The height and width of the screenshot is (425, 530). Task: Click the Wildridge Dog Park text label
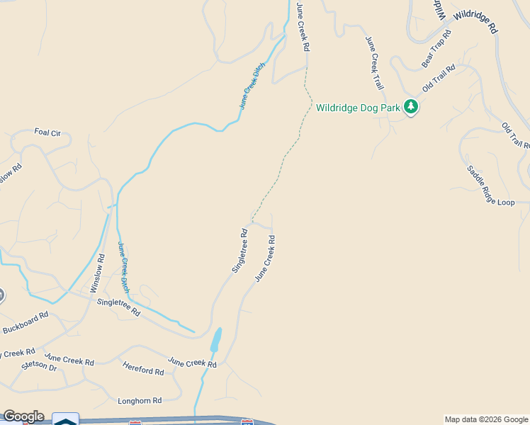click(x=358, y=108)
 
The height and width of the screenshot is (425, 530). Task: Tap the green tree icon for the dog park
click(x=411, y=107)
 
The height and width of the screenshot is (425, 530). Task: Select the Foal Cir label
click(x=47, y=132)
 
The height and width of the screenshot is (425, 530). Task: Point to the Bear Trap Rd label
click(x=436, y=49)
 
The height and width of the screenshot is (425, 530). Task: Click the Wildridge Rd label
click(x=476, y=22)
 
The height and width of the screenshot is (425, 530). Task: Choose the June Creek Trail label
click(x=375, y=64)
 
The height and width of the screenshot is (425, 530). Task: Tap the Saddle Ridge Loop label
click(x=490, y=186)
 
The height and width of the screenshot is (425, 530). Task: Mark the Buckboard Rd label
click(x=25, y=323)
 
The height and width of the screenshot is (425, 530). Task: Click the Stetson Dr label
click(x=39, y=365)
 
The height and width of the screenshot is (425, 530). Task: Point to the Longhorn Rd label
click(x=140, y=400)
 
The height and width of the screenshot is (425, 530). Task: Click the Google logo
click(x=23, y=416)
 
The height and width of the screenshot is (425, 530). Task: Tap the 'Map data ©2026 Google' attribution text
click(x=486, y=419)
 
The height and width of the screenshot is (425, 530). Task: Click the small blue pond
click(x=215, y=339)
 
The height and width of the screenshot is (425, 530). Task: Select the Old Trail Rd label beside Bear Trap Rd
click(x=438, y=79)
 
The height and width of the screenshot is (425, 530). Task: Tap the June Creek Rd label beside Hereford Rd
click(x=191, y=363)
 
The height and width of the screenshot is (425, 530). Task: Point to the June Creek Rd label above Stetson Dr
click(x=69, y=361)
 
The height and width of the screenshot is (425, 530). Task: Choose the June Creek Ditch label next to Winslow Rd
click(x=123, y=267)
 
